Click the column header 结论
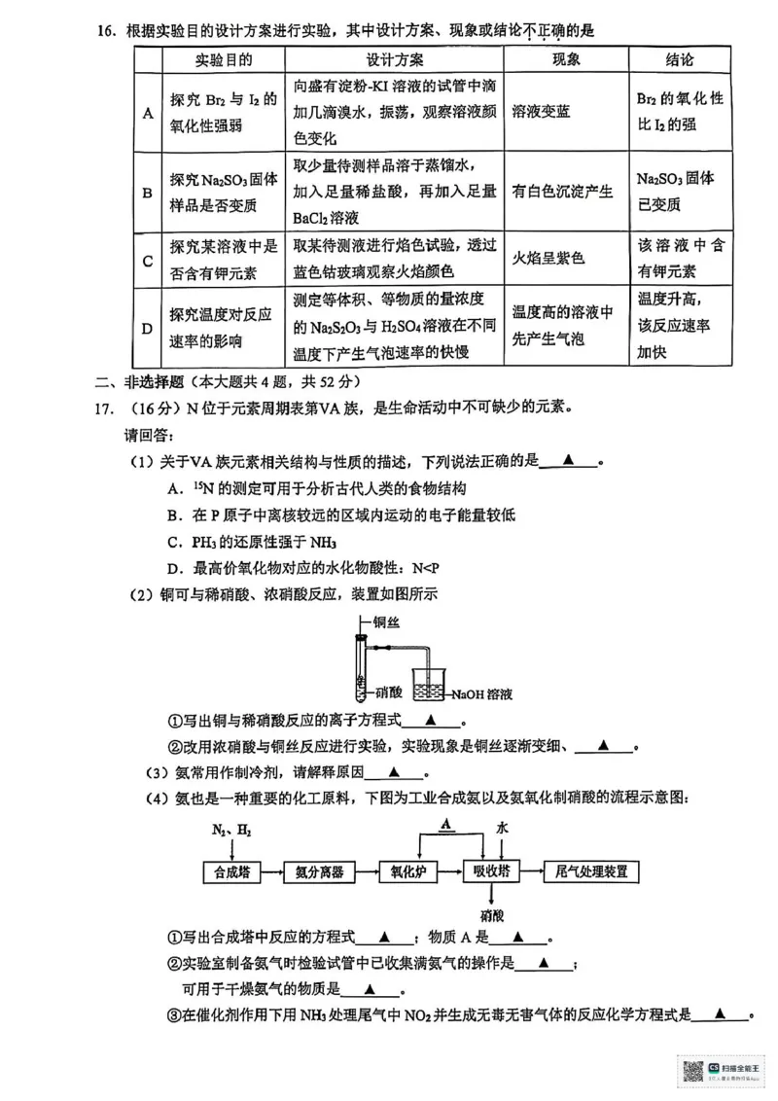tap(680, 60)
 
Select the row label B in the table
tap(148, 193)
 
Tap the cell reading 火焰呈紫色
tap(549, 260)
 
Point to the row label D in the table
tap(148, 328)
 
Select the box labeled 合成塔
tap(232, 871)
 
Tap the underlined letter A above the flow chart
tap(445, 825)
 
